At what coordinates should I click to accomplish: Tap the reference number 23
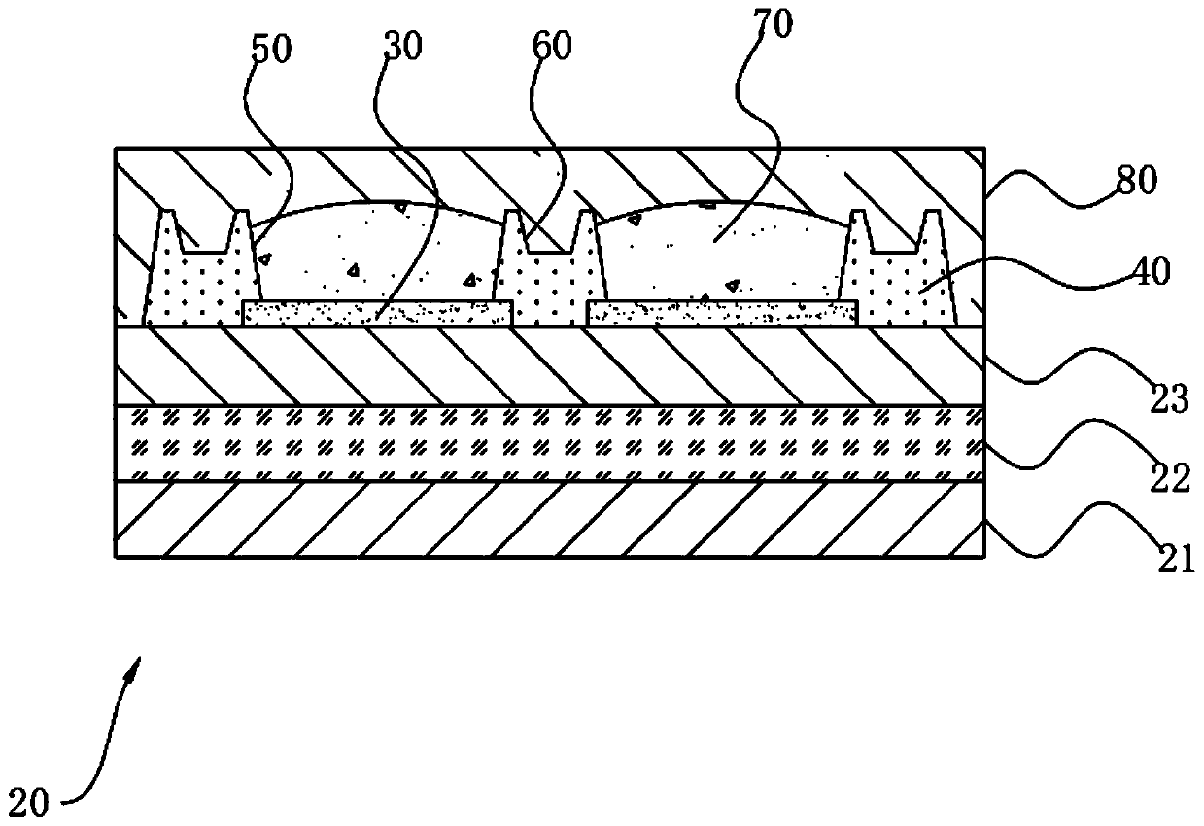point(1169,399)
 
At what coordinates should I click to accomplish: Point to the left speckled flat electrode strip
point(377,312)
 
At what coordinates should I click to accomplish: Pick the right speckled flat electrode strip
point(722,312)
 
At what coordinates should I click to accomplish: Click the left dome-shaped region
point(379,253)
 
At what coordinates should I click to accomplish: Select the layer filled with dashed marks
point(550,443)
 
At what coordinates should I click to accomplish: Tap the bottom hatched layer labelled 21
point(550,520)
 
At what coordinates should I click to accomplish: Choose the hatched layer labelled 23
point(550,365)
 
